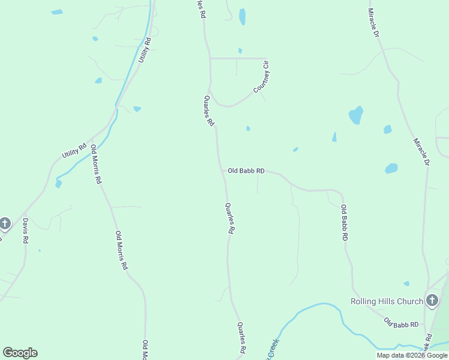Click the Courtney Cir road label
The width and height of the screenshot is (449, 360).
point(262,82)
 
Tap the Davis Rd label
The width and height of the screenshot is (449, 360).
point(25,230)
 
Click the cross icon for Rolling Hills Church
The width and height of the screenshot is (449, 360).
point(432,301)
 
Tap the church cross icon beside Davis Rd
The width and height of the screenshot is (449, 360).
point(4,224)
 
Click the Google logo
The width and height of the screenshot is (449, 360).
point(20,353)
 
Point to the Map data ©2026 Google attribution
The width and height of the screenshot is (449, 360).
point(412,355)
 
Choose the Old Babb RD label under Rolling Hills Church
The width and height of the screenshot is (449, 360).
point(401,325)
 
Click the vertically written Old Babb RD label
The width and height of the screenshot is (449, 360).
point(344,223)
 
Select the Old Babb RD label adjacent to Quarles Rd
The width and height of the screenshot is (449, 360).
point(246,171)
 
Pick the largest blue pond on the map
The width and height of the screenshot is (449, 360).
point(356,115)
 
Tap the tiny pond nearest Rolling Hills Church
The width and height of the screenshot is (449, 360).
point(406,283)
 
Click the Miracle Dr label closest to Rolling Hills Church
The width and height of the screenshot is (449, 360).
point(421,152)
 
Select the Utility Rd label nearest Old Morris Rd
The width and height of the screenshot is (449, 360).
point(74,150)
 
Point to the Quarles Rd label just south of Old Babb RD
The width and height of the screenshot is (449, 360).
point(229,218)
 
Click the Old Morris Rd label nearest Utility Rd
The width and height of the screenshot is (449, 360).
point(96,164)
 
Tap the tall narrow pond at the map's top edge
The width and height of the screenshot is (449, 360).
point(242,16)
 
